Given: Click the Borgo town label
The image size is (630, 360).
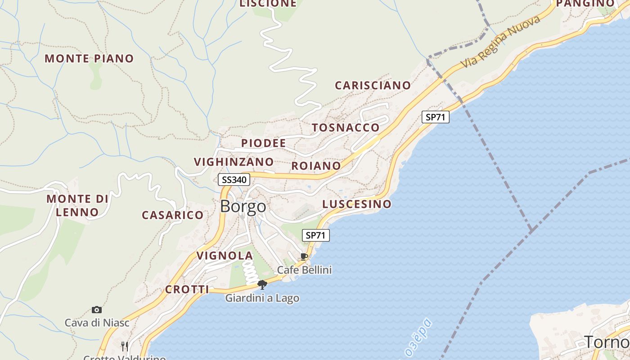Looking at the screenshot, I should click(243, 207).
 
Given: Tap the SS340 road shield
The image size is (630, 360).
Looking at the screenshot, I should click(234, 180).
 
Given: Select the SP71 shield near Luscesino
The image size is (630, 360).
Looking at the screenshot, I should click(317, 235).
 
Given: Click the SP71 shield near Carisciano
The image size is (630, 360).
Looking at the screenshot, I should click(436, 117).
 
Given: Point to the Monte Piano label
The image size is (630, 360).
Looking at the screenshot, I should click(89, 58).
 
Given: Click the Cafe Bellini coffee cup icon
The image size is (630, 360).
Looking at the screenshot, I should click(304, 256).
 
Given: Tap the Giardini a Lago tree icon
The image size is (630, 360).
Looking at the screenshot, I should click(262, 284).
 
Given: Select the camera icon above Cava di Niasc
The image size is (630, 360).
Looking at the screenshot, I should click(96, 310).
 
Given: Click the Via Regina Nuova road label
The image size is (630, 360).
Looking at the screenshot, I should click(500, 42).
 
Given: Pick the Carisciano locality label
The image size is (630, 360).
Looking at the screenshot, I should click(373, 85).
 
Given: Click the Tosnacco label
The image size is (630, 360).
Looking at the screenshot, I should click(346, 128).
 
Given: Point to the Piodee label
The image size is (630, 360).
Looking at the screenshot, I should click(263, 144).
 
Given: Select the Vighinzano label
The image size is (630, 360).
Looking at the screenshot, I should click(234, 162).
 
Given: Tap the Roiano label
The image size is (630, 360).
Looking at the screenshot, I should click(316, 166).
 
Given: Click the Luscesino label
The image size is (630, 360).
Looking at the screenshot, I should click(357, 204).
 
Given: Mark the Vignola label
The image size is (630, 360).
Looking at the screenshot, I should click(225, 256).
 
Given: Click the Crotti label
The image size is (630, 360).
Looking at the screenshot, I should click(187, 290).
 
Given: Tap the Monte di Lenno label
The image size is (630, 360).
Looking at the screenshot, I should click(77, 205).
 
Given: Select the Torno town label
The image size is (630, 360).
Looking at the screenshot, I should click(607, 342).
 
